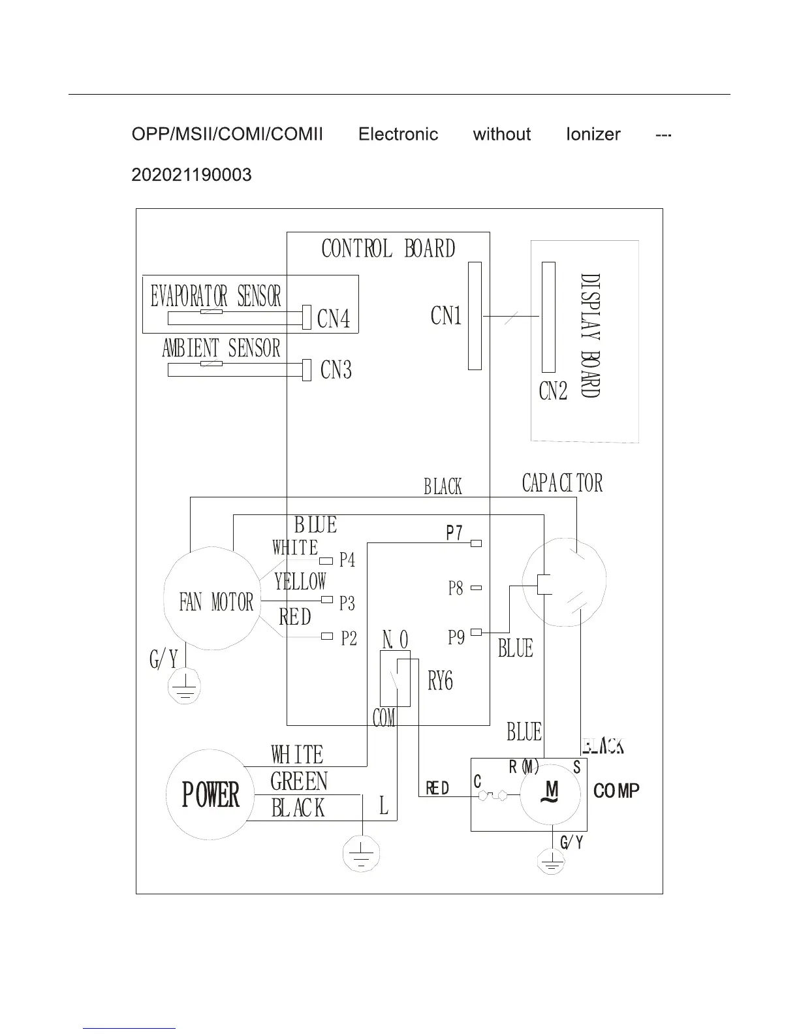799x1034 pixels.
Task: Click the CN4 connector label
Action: [334, 319]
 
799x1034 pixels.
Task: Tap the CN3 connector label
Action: [336, 370]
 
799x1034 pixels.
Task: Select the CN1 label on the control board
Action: [446, 316]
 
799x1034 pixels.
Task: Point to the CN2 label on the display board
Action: [554, 391]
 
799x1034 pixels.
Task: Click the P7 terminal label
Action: [454, 533]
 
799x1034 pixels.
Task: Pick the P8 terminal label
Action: [456, 588]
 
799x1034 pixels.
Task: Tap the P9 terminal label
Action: [456, 637]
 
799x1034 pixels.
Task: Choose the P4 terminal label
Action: [347, 560]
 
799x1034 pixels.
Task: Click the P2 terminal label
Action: [349, 638]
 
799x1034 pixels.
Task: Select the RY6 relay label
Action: [440, 681]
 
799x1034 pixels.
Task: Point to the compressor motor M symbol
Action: [552, 793]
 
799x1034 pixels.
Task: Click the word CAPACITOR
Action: [562, 483]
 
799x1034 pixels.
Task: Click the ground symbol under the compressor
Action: [552, 862]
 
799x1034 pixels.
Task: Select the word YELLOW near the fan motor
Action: [300, 581]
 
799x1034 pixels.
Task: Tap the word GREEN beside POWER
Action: [299, 781]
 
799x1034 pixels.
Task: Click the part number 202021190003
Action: [191, 175]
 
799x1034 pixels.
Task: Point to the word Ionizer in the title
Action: [593, 134]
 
